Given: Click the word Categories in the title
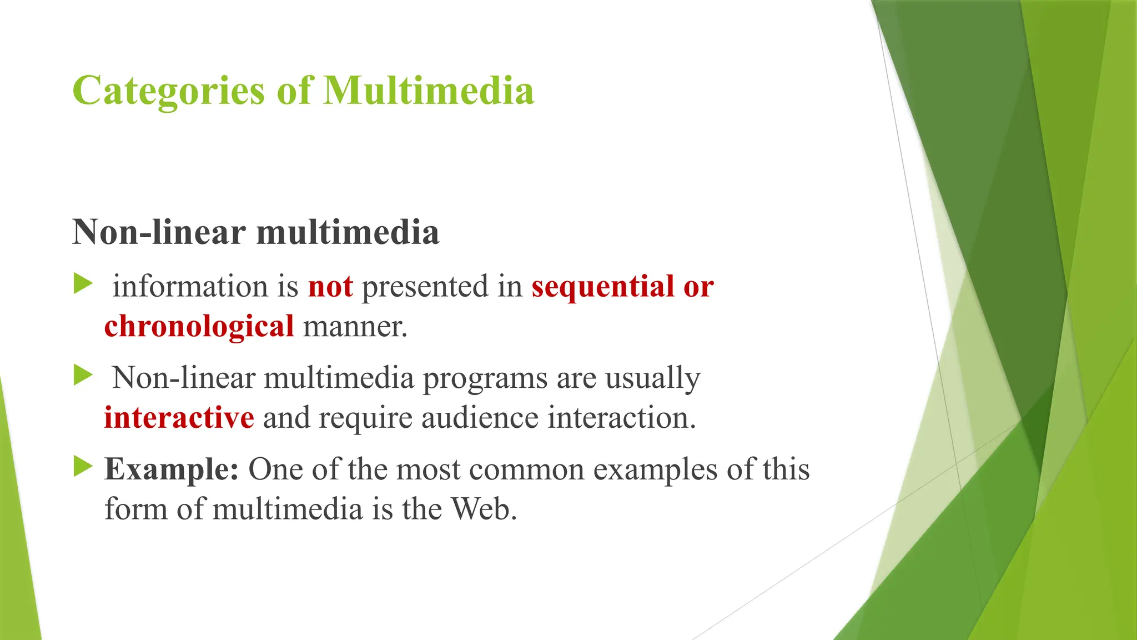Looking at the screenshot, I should point(168,91).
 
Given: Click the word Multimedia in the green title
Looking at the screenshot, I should point(428,91).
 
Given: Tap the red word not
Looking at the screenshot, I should point(330,287).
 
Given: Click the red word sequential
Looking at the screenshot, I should point(602,287).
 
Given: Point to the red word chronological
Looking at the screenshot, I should point(199,326).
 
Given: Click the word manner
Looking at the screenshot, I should point(355,326).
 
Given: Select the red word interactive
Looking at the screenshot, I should point(179,418).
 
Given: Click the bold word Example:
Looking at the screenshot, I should point(172,469).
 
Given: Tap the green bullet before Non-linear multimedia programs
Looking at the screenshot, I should point(83,376).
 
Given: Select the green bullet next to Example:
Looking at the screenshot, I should point(83,467).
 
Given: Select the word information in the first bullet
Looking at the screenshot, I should point(190,287).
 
